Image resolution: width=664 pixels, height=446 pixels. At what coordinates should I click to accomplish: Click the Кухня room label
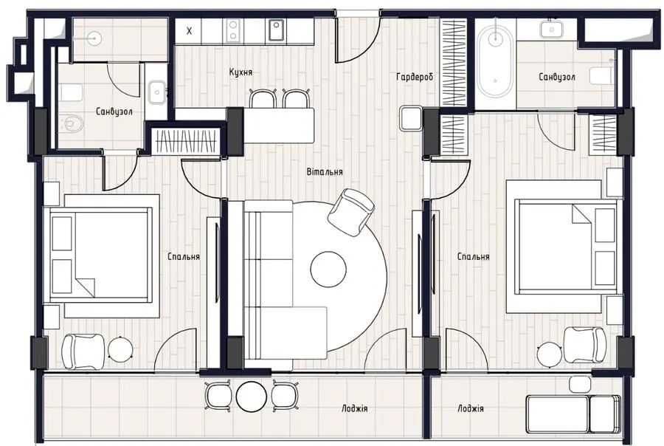(x=241, y=72)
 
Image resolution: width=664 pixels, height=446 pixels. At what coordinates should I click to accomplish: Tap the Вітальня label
(x=325, y=172)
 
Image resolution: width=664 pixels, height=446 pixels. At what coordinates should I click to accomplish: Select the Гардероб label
(x=415, y=77)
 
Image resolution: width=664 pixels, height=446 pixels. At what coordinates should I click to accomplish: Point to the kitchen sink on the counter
(x=276, y=31)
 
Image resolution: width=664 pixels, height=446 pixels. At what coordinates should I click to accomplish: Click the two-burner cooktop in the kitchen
(x=233, y=31)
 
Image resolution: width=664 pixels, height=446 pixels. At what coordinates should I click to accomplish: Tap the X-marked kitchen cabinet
(x=189, y=31)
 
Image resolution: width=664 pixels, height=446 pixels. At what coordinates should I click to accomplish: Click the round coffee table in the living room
(x=328, y=269)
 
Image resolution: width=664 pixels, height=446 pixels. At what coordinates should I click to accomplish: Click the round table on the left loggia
(x=251, y=397)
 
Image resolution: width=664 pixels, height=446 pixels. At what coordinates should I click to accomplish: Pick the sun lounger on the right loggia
(x=573, y=414)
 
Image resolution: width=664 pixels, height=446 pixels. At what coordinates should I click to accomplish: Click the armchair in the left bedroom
(x=83, y=351)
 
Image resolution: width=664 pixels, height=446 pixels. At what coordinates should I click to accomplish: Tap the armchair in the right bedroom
(x=585, y=345)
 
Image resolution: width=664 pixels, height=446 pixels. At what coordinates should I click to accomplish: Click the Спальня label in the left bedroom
(x=184, y=256)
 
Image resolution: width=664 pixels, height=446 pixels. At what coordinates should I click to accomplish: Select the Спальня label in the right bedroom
(x=474, y=256)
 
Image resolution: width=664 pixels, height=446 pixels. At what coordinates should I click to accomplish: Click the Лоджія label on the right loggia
(x=471, y=408)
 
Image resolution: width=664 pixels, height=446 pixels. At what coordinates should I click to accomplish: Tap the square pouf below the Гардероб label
(x=411, y=118)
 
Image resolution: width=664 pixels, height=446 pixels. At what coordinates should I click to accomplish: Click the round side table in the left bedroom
(x=121, y=349)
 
